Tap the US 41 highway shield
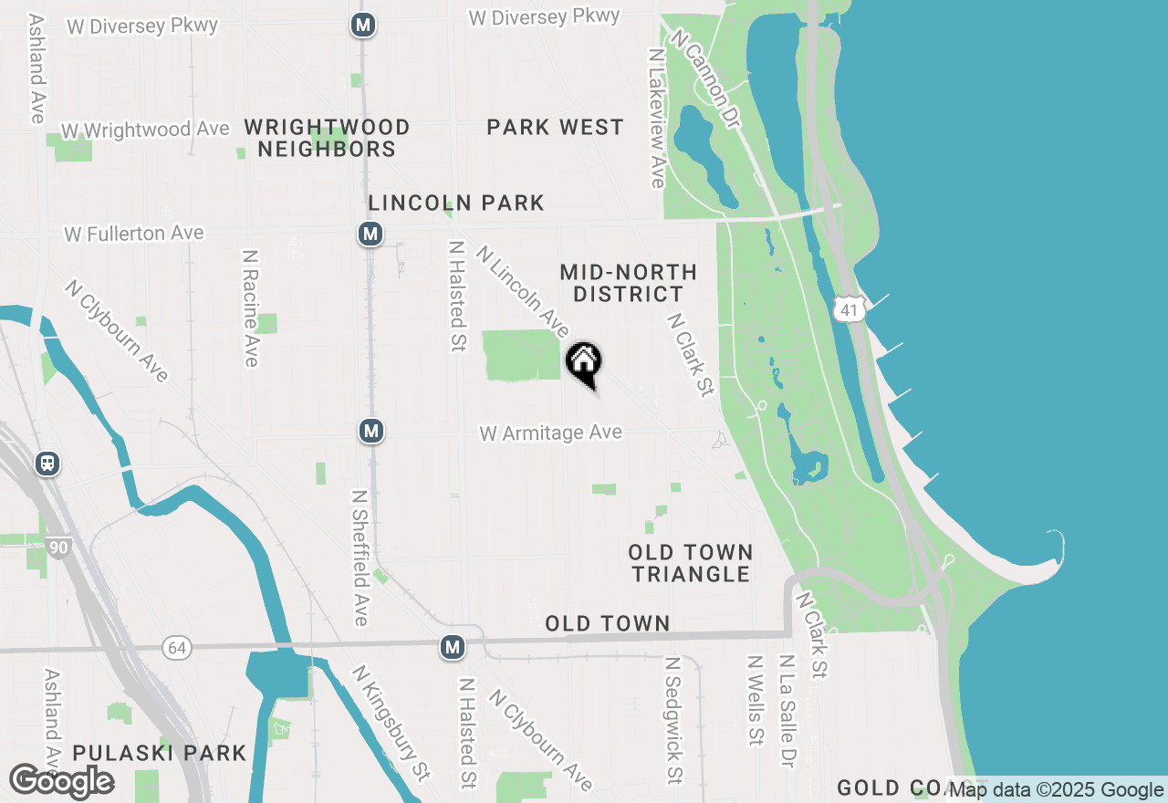pyautogui.click(x=850, y=309)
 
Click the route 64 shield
pyautogui.click(x=177, y=648)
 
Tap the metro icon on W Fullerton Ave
pyautogui.click(x=370, y=235)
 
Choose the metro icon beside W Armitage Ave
pyautogui.click(x=370, y=431)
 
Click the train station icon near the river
pyautogui.click(x=47, y=464)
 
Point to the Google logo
pyautogui.click(x=62, y=781)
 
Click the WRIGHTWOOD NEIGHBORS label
pyautogui.click(x=327, y=138)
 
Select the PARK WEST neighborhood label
pyautogui.click(x=555, y=128)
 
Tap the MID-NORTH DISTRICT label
pyautogui.click(x=628, y=283)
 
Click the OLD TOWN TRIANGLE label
pyautogui.click(x=690, y=563)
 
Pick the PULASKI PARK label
pyautogui.click(x=160, y=753)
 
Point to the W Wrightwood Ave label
pyautogui.click(x=145, y=130)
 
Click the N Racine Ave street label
pyautogui.click(x=251, y=308)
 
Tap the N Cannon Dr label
pyautogui.click(x=704, y=78)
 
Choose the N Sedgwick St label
pyautogui.click(x=673, y=721)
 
